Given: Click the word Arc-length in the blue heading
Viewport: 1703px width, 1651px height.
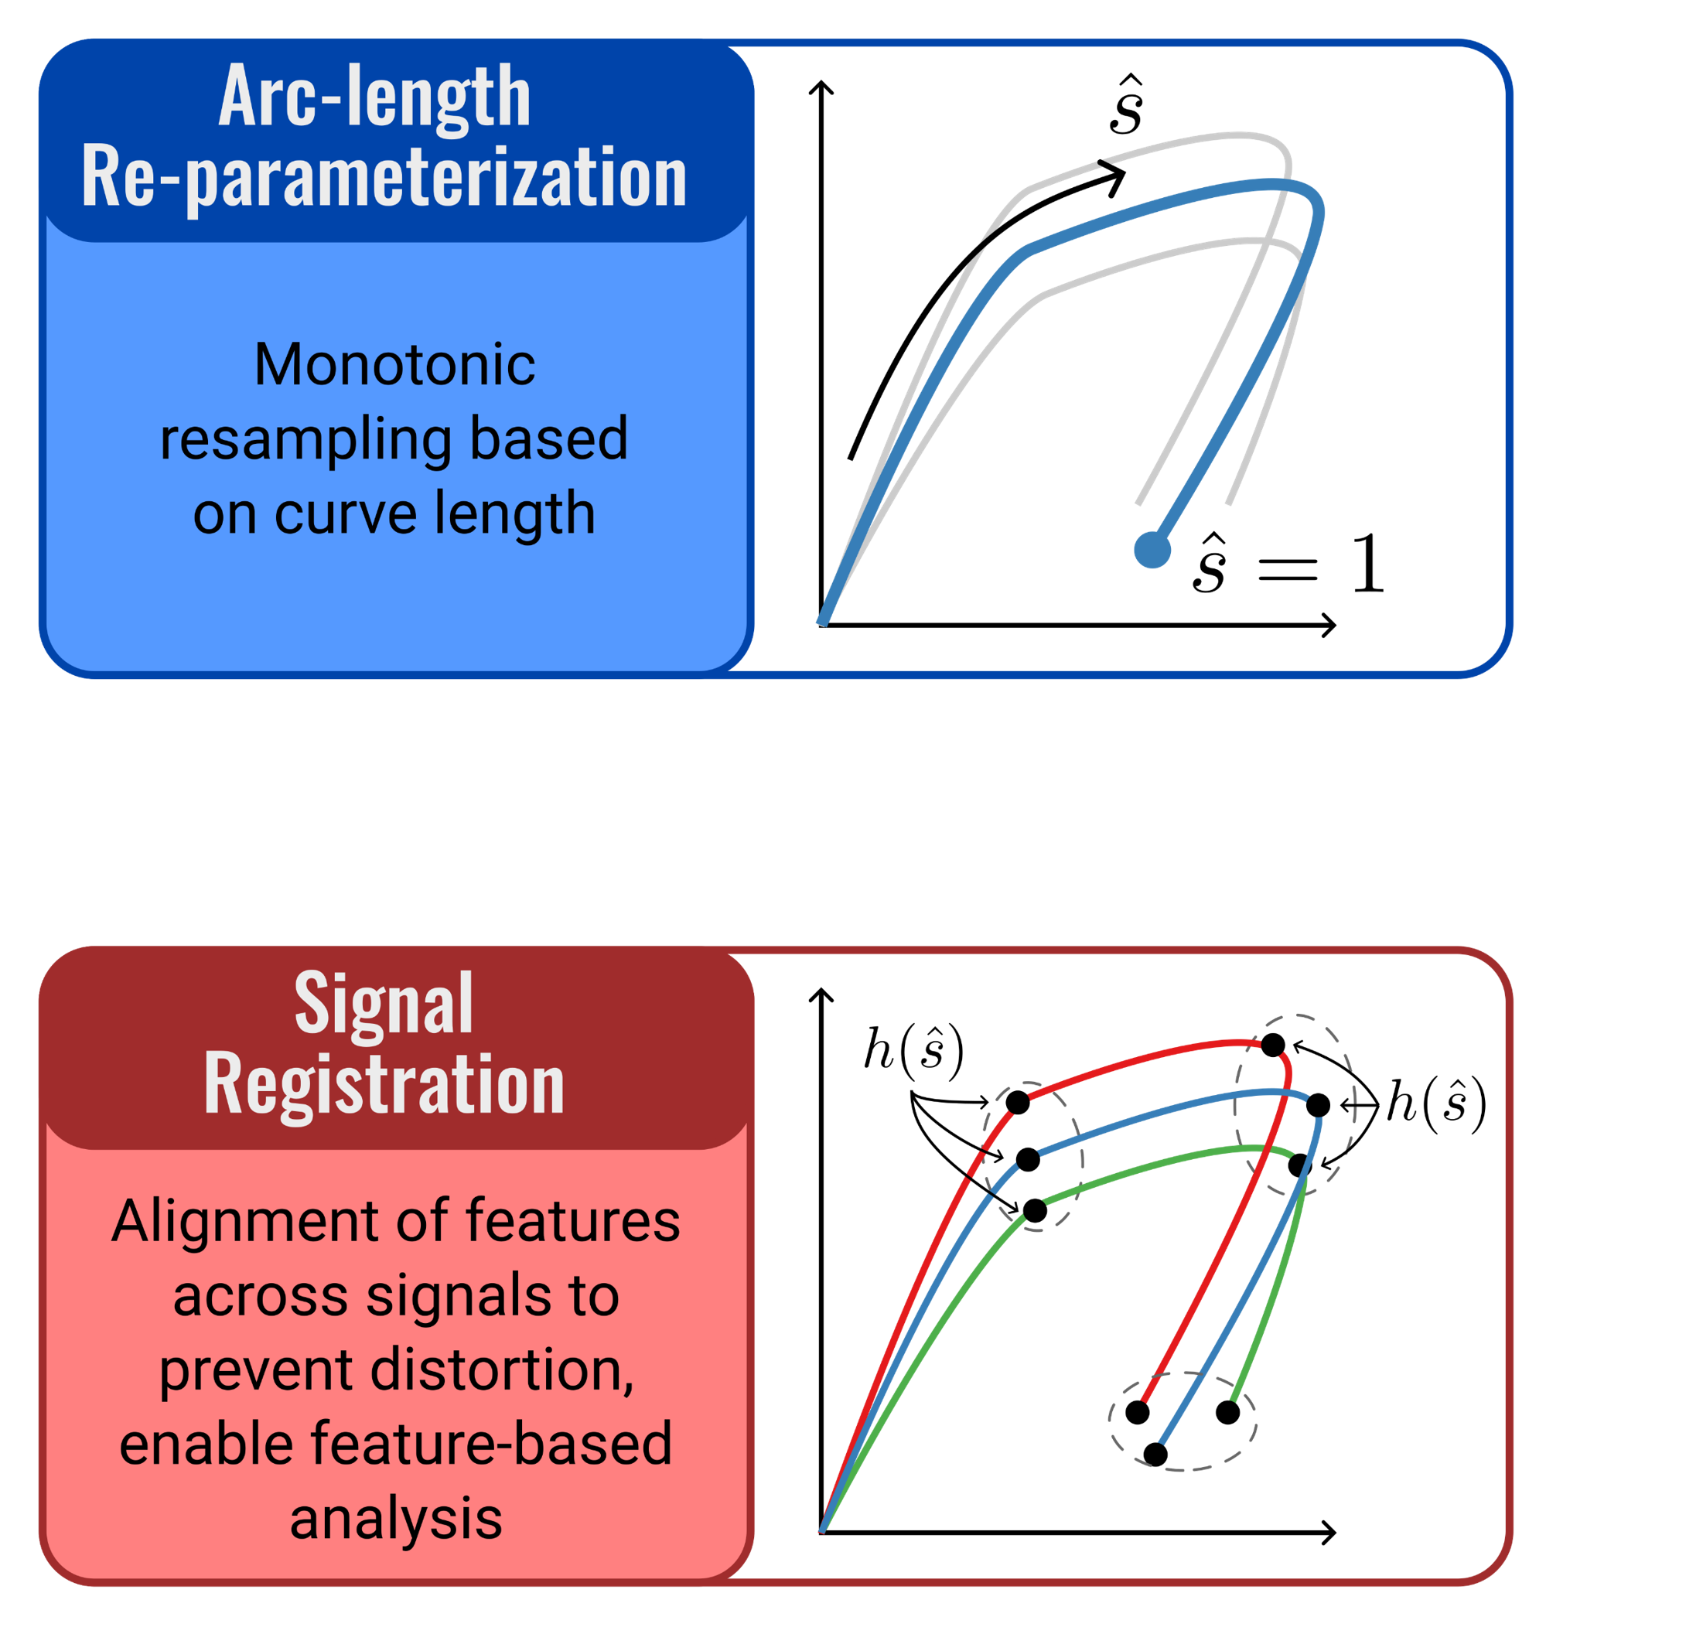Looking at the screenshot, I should pos(374,97).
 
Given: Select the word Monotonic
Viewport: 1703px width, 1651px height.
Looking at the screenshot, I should pos(394,365).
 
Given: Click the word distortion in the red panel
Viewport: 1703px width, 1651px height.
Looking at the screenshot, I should pos(501,1370).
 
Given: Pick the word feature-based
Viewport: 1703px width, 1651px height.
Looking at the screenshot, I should pos(491,1445).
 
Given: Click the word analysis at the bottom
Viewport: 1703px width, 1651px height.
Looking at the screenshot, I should pos(395,1519).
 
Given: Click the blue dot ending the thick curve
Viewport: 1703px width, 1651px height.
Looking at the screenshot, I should pos(1153,550).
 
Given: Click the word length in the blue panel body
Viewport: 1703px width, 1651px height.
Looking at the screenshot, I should pos(514,513).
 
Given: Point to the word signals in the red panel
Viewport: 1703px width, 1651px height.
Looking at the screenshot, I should pos(459,1295).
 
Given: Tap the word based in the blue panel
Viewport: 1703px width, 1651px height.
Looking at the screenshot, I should pos(548,438).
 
